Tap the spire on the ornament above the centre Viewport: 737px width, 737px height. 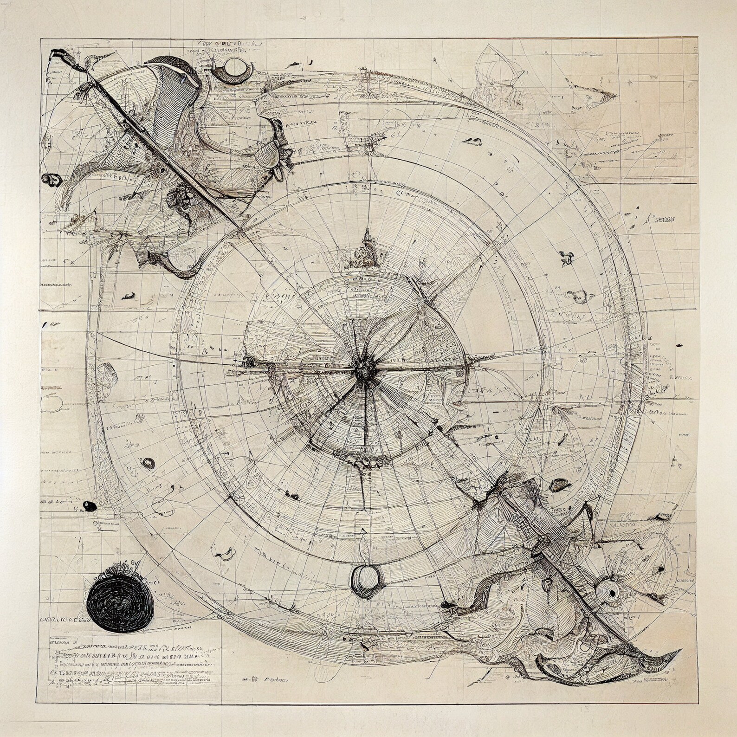click(x=366, y=234)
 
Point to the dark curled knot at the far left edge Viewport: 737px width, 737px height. click(x=51, y=178)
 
